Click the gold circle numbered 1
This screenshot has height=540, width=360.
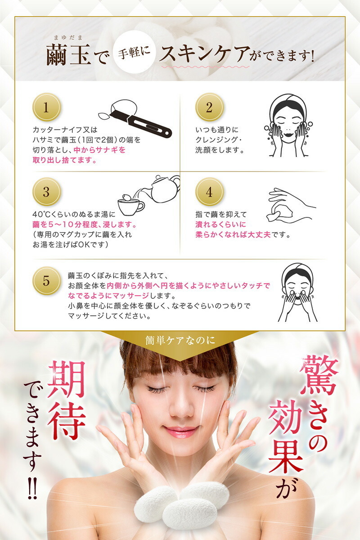coord(46,107)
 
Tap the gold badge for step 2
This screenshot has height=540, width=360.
coord(209,107)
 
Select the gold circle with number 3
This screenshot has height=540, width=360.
coord(46,192)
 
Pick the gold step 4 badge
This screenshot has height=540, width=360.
coord(209,192)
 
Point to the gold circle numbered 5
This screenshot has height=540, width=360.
coord(46,281)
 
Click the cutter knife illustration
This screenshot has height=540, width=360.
coord(135,119)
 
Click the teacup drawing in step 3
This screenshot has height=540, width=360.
coord(130,205)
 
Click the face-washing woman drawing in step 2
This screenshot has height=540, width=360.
coord(288,126)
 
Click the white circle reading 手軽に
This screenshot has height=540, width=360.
coord(134,53)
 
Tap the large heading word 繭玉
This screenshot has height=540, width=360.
coord(68,54)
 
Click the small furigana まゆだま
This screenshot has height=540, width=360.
coord(68,37)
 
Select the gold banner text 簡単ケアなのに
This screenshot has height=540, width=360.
coord(180,340)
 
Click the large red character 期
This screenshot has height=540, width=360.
coord(67,379)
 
